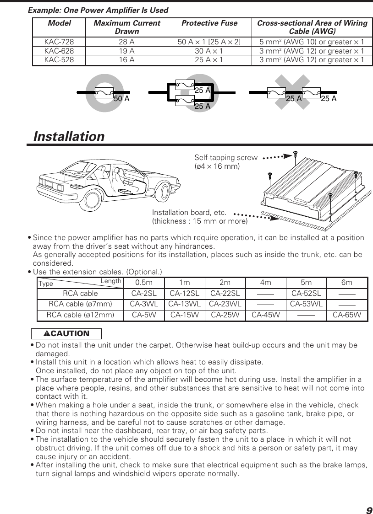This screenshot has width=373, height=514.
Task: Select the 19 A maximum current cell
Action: click(126, 51)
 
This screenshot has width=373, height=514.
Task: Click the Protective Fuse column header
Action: click(209, 23)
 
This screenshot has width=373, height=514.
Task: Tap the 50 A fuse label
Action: click(121, 99)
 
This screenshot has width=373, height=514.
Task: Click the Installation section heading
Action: click(69, 137)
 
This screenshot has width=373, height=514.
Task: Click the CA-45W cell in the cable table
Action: click(266, 315)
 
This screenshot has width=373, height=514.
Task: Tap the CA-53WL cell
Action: click(306, 304)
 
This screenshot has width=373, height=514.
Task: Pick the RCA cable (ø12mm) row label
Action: click(81, 315)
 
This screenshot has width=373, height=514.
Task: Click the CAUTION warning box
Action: click(66, 333)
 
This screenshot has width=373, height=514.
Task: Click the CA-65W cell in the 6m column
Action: click(347, 315)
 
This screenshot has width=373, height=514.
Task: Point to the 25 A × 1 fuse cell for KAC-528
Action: click(209, 60)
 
